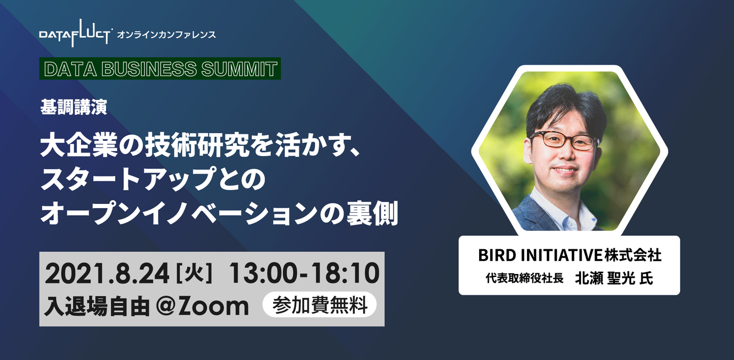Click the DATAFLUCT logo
75,34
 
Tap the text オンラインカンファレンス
167,35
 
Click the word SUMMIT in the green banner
239,69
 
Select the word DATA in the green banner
70,69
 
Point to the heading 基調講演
73,107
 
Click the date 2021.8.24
107,274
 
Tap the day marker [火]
194,273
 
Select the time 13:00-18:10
304,273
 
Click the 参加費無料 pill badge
320,304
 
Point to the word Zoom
213,306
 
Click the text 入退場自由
97,306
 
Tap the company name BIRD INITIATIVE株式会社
569,255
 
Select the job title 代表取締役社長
525,278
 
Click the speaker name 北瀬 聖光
605,278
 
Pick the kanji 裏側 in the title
373,213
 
